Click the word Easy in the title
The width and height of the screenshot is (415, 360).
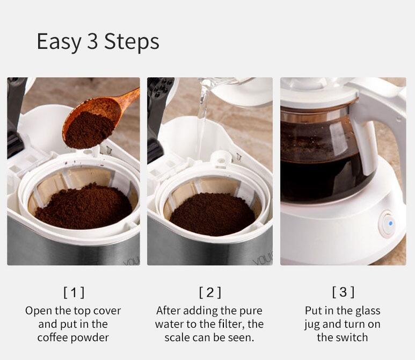(59, 42)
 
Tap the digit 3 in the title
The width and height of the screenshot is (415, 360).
(93, 41)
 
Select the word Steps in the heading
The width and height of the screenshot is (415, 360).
(132, 42)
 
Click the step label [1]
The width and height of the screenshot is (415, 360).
(74, 292)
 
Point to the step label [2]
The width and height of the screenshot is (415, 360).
(210, 292)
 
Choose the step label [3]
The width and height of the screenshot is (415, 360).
(343, 292)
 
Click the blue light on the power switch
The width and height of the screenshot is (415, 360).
(391, 224)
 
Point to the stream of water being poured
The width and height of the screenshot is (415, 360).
(202, 106)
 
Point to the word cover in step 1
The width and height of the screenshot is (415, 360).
(107, 311)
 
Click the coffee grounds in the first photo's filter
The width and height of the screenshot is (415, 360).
(84, 207)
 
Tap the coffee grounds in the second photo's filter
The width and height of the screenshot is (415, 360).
(212, 214)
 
